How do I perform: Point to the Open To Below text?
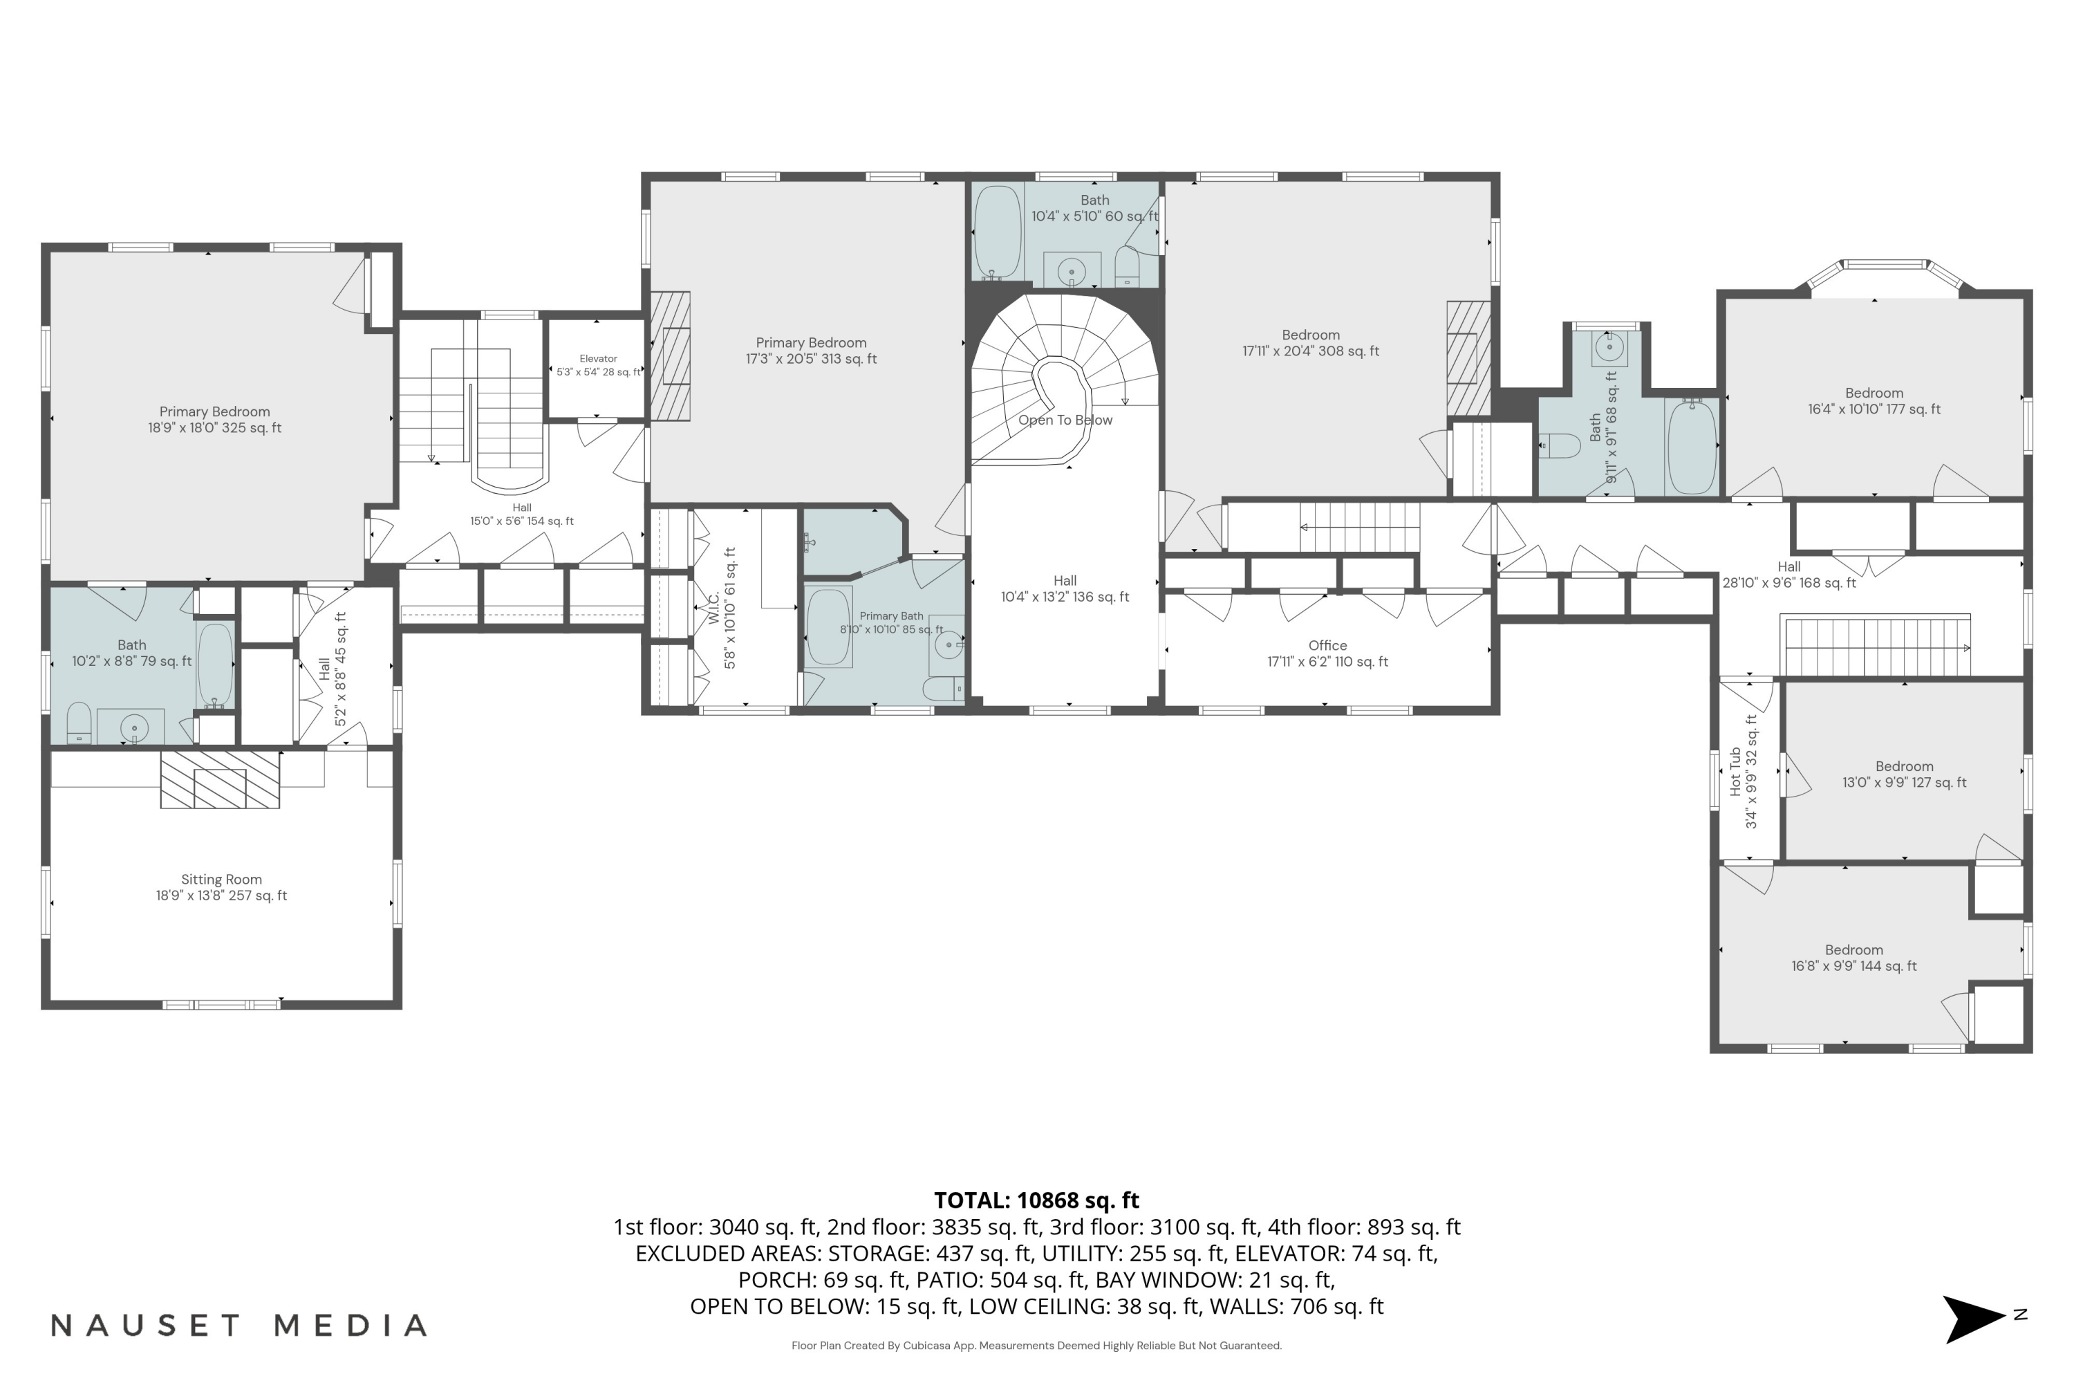(x=1065, y=420)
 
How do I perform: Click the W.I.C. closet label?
(x=714, y=609)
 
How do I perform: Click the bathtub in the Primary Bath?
(x=829, y=627)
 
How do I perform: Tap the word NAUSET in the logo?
(x=145, y=1326)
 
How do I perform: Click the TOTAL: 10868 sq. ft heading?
(x=1036, y=1200)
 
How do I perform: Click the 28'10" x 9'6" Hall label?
(x=1788, y=575)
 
